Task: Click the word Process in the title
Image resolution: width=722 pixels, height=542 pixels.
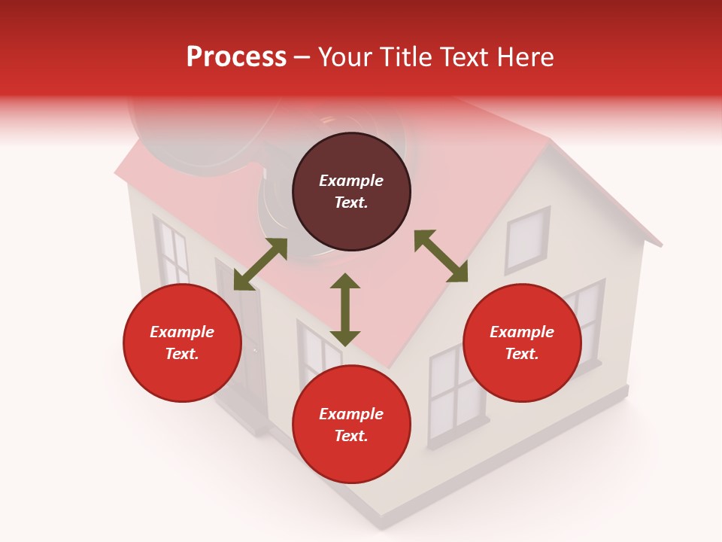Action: [x=236, y=57]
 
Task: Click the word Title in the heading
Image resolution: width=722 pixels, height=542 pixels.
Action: [x=407, y=57]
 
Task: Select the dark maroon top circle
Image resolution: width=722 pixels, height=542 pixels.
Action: [x=351, y=192]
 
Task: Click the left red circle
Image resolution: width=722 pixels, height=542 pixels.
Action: [x=182, y=343]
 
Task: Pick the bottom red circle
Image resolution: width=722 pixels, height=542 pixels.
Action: [x=351, y=425]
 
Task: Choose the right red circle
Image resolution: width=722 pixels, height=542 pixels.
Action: [x=522, y=343]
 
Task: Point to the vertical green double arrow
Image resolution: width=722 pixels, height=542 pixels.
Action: [x=345, y=309]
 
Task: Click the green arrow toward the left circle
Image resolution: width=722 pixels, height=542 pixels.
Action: [x=260, y=264]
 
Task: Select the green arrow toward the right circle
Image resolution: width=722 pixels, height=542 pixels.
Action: [x=441, y=256]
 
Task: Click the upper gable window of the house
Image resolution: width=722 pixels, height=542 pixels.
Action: [x=526, y=239]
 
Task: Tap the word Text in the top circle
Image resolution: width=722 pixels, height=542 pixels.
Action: [x=351, y=202]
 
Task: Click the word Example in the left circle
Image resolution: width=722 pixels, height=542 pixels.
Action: [x=182, y=332]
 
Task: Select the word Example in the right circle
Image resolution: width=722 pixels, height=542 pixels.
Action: [x=522, y=332]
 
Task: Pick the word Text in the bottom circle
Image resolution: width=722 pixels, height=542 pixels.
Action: [x=351, y=436]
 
